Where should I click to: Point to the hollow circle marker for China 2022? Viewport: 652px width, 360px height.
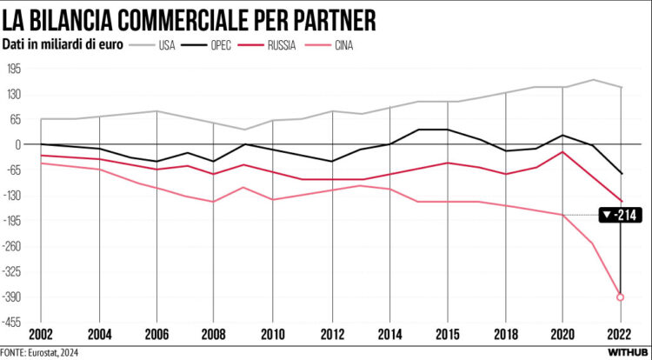621,297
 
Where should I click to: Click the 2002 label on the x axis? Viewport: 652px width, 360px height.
41,334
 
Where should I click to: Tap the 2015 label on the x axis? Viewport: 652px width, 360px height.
448,334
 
